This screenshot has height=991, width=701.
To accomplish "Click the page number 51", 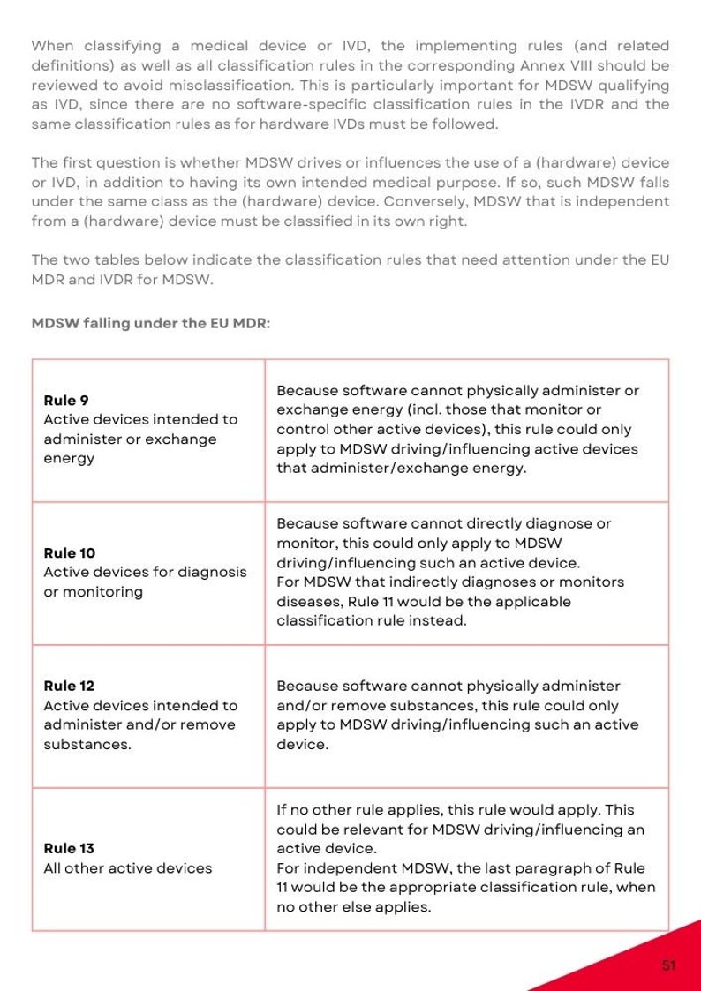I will [668, 965].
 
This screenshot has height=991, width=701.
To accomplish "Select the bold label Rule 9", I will [66, 401].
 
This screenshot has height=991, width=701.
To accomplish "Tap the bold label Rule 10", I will [70, 553].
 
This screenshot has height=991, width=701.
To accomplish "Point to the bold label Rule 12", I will [69, 686].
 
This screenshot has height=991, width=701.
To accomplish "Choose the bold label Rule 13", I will [69, 849].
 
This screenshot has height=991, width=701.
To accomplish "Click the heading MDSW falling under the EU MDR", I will [151, 323].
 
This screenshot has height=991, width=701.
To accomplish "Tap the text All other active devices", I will [128, 868].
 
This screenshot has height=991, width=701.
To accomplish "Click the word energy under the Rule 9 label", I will [69, 459].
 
